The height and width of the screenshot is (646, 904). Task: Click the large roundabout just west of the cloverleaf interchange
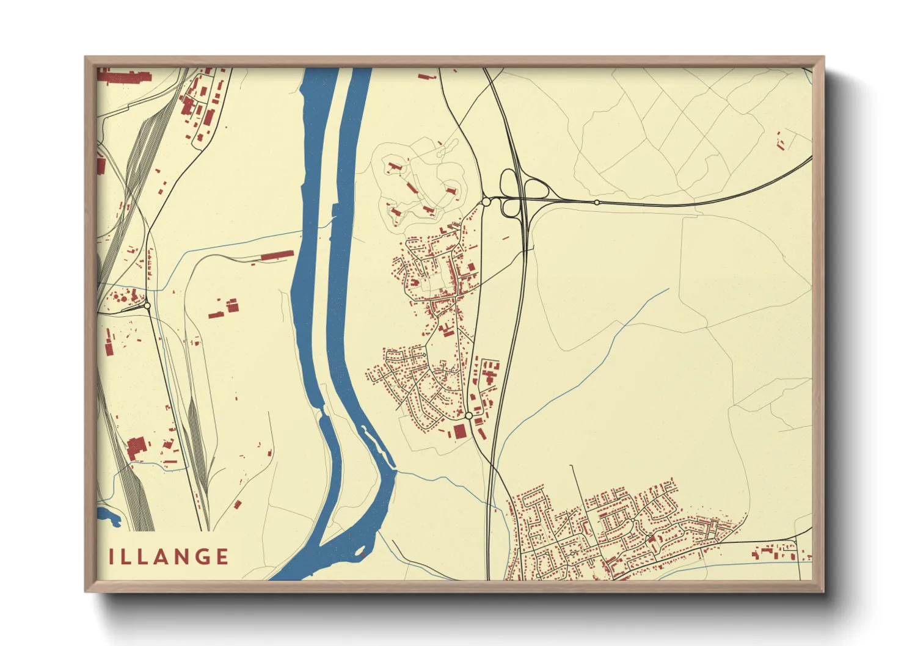[486, 201]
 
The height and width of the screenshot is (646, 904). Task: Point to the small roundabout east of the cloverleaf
[597, 202]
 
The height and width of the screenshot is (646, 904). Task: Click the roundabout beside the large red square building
[468, 415]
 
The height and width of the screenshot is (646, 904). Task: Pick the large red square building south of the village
[460, 432]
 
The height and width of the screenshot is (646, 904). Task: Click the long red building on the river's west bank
[278, 255]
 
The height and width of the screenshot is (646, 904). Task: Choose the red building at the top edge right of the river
[426, 77]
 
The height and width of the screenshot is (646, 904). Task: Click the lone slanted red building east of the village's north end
[505, 238]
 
